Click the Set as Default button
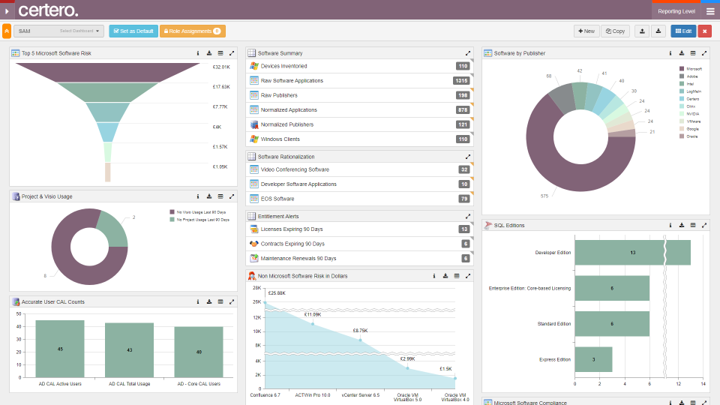(x=133, y=31)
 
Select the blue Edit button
(x=682, y=31)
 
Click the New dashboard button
(x=586, y=31)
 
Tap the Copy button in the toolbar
(x=615, y=31)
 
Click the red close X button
(x=704, y=31)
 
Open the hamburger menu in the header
(x=710, y=11)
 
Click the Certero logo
(x=48, y=10)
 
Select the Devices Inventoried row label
(x=283, y=66)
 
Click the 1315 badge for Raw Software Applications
(x=461, y=80)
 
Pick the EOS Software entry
(x=277, y=199)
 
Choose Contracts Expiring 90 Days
(x=292, y=244)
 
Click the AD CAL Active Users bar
(x=60, y=349)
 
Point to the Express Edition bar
(x=593, y=359)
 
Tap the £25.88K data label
(x=277, y=292)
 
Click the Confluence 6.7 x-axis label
(x=265, y=394)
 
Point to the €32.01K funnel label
(x=221, y=67)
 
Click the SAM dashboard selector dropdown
(x=58, y=31)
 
